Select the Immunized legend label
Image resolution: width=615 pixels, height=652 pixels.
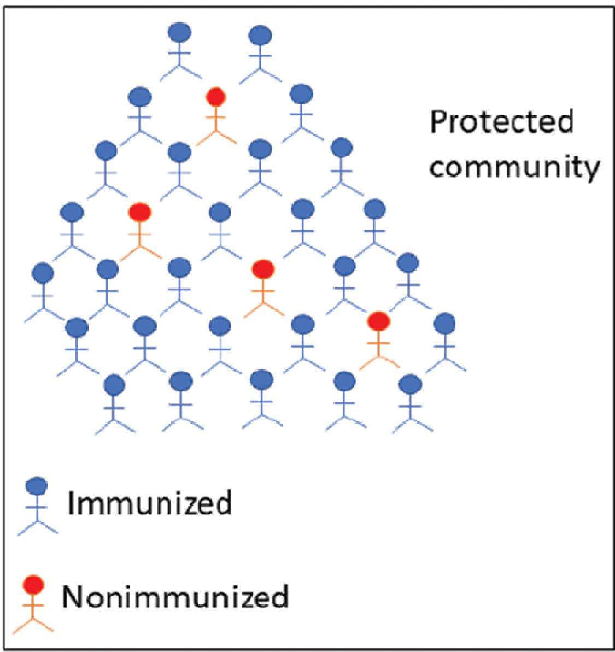pyautogui.click(x=149, y=503)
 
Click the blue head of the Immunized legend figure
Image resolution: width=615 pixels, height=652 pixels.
pyautogui.click(x=37, y=486)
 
